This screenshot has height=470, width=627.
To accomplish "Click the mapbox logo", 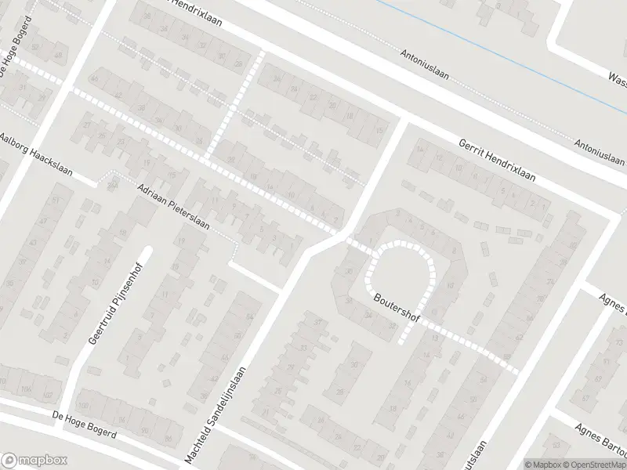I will pos(34,461).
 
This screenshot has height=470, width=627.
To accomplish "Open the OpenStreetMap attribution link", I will pos(592,464).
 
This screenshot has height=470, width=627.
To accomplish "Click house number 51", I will pos(56,201).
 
